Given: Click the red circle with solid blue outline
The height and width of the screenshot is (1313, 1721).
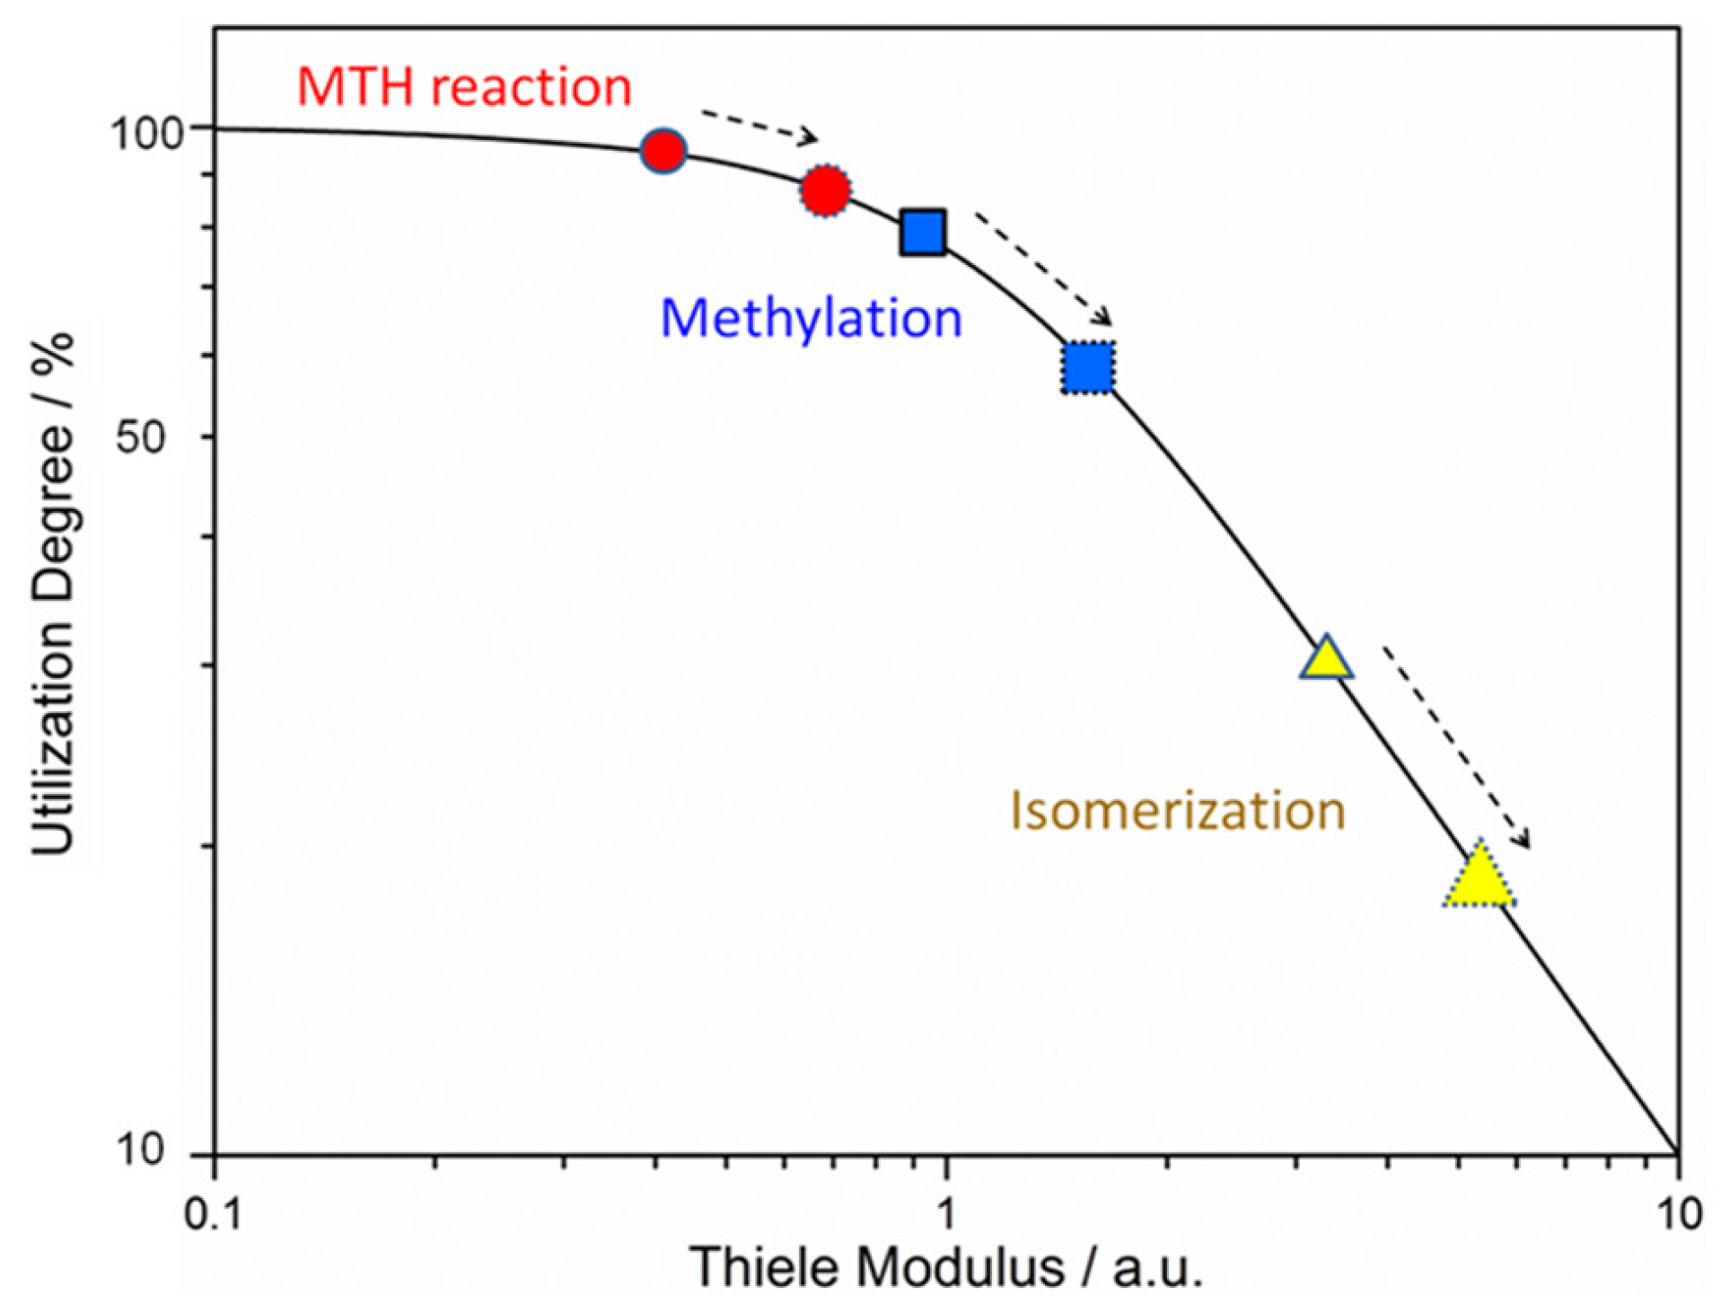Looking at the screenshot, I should pyautogui.click(x=663, y=151).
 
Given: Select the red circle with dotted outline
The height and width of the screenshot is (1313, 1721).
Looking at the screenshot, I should pyautogui.click(x=824, y=190).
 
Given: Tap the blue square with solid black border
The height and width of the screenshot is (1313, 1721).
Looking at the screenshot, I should pyautogui.click(x=923, y=233).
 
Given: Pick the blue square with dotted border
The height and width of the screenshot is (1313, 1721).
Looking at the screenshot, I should pyautogui.click(x=1088, y=367).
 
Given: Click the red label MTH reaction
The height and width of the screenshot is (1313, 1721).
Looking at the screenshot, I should pyautogui.click(x=464, y=87).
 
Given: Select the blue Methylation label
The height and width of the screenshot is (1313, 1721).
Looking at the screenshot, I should pyautogui.click(x=811, y=318).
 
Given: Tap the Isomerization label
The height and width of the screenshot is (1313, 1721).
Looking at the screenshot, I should pyautogui.click(x=1177, y=810).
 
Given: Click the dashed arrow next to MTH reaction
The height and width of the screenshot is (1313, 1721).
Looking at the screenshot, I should pyautogui.click(x=759, y=127).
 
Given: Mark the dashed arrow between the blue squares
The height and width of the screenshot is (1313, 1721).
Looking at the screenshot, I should pyautogui.click(x=1043, y=269).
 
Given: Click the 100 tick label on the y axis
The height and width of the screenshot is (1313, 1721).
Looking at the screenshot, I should pyautogui.click(x=146, y=134).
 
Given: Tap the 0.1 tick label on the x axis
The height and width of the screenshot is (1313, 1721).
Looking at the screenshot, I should pyautogui.click(x=213, y=1214).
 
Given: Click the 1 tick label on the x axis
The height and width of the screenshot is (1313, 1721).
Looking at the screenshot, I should pyautogui.click(x=944, y=1214).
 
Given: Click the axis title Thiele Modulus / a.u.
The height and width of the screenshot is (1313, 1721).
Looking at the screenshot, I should pyautogui.click(x=945, y=1269).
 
